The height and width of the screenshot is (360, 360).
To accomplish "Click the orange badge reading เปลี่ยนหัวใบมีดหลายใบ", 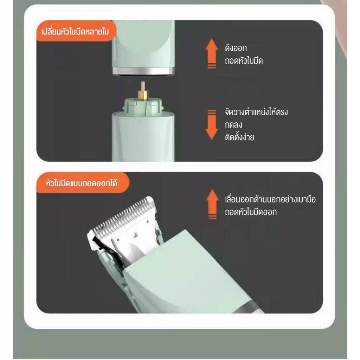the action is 76,31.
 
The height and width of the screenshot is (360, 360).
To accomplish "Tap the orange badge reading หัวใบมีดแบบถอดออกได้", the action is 83,183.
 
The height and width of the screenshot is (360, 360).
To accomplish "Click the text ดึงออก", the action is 236,48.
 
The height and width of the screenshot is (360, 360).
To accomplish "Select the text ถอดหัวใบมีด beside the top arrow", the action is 244,60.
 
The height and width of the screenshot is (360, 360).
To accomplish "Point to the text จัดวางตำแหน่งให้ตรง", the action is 256,112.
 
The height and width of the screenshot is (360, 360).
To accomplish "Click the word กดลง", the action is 233,125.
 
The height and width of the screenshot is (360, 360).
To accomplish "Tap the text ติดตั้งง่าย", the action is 239,137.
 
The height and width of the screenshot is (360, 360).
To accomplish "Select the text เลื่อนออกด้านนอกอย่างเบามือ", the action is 270,199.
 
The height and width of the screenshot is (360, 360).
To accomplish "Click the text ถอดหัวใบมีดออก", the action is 251,212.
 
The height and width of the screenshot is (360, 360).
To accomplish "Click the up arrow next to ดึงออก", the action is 211,53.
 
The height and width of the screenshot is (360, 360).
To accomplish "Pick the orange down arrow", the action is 211,125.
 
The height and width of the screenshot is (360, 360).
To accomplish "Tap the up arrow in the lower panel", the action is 212,204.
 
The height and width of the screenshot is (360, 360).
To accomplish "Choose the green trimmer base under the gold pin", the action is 143,133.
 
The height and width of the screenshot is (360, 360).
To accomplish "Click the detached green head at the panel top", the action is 143,46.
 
